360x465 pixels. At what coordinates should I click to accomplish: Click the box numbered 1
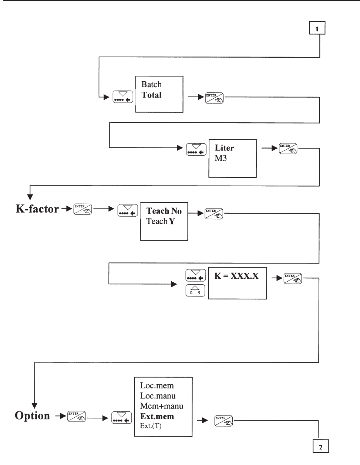click(317, 28)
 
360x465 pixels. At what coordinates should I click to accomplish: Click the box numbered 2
click(320, 447)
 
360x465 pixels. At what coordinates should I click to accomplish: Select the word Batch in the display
click(151, 84)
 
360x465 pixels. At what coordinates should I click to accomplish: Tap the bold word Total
click(152, 95)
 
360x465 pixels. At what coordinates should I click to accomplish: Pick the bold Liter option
click(224, 148)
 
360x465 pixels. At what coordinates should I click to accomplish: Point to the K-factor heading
click(37, 209)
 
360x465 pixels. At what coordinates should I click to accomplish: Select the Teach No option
click(164, 211)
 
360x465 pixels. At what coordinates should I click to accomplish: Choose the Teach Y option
click(161, 221)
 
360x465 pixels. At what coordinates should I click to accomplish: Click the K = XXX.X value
click(236, 276)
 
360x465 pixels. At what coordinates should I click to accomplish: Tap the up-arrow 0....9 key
click(195, 290)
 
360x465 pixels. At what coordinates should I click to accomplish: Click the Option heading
click(32, 416)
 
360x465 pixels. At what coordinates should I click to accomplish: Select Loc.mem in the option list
click(157, 386)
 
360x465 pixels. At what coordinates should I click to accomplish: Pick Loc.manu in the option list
click(158, 396)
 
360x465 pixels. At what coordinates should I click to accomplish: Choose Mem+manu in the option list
click(162, 406)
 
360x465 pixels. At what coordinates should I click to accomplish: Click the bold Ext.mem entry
click(157, 416)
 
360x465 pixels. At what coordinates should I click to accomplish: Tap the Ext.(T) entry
click(151, 426)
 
